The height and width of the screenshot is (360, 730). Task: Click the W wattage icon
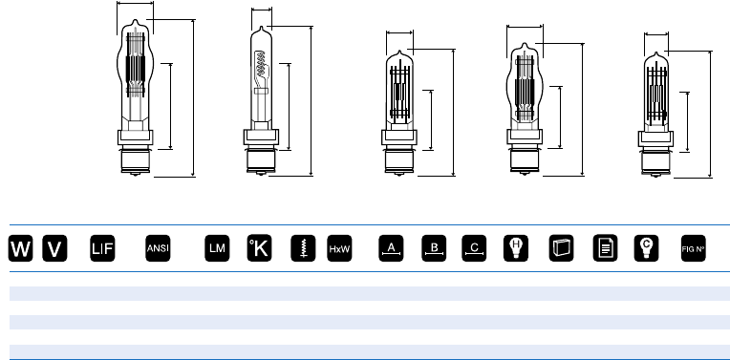(x=20, y=248)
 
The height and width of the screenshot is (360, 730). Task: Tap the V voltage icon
(x=54, y=248)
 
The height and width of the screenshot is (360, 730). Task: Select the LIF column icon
(x=102, y=248)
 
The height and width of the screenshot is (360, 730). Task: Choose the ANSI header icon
(x=158, y=248)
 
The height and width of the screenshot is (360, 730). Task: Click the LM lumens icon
(x=217, y=248)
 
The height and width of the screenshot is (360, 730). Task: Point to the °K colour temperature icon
(x=259, y=248)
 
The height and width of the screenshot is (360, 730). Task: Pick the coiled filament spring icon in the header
(x=303, y=248)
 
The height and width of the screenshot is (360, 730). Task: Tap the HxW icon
(x=339, y=248)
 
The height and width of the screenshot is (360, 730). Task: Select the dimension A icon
(x=391, y=248)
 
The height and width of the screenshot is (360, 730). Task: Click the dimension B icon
(x=434, y=248)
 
